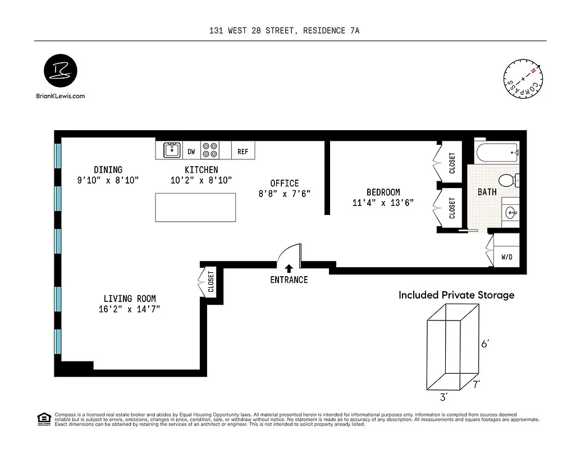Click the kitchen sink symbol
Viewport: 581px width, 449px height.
coord(171,150)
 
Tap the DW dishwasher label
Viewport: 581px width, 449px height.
coord(191,152)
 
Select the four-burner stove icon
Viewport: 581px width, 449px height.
coord(210,150)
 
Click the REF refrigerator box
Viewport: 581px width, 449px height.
coord(243,152)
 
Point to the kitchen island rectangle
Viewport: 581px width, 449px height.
coord(195,207)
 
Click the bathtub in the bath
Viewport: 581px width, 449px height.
coord(497,152)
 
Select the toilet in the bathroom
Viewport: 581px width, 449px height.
coord(509,181)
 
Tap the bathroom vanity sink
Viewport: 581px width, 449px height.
coord(510,213)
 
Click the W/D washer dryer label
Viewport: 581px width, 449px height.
coord(507,257)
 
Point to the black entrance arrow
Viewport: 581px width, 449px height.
coord(289,268)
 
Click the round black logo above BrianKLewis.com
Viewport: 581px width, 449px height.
coord(60,71)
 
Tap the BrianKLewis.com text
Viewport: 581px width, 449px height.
coord(60,96)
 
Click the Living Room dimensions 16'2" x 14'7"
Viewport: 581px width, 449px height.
coord(130,309)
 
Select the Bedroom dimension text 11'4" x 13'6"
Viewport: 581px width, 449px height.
coord(383,203)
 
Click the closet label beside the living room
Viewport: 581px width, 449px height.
coord(211,283)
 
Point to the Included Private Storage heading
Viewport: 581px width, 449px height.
coord(456,295)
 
